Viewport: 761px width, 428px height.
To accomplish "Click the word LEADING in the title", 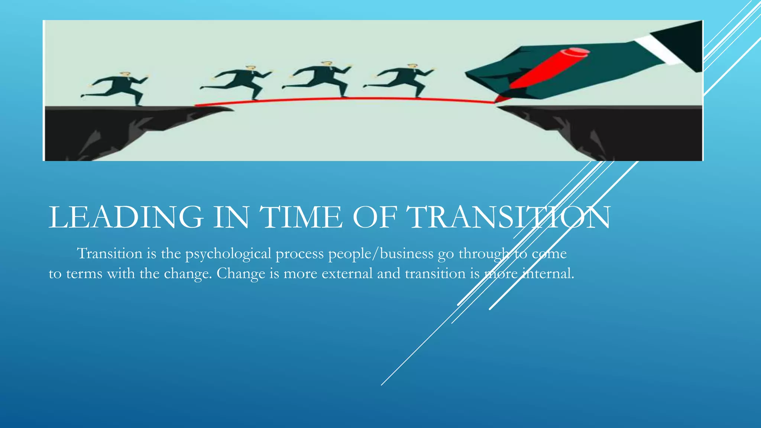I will point(126,217).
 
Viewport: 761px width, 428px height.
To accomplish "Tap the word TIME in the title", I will point(300,217).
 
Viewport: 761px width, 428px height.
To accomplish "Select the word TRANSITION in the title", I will point(508,217).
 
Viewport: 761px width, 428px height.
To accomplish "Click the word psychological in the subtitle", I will point(228,254).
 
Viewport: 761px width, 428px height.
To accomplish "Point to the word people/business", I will point(380,253).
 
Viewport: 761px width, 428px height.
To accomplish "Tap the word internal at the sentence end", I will point(548,274).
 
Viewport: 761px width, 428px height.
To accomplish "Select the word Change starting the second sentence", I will point(241,274).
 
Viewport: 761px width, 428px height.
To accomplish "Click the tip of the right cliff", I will point(500,107).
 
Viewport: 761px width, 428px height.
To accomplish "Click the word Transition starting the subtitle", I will point(110,253).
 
